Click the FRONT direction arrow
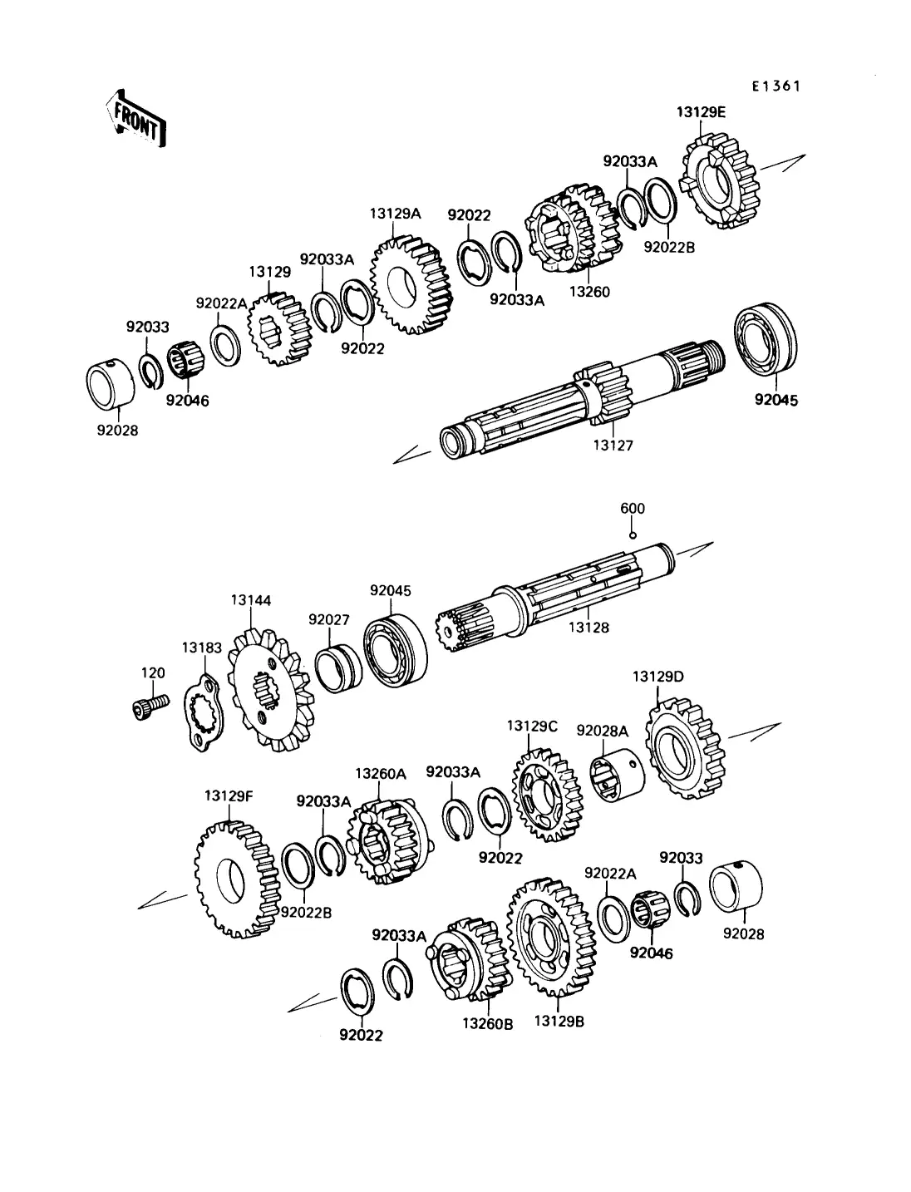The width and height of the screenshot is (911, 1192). [135, 118]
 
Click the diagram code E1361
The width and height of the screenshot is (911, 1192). [776, 86]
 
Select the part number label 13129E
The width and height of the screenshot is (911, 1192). [701, 112]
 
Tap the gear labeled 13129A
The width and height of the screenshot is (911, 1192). [411, 284]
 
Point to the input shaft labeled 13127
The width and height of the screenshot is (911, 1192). [581, 397]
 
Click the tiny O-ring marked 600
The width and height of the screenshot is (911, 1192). [633, 536]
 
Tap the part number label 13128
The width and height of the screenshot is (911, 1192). [588, 628]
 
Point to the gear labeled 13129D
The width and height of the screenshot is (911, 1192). [685, 749]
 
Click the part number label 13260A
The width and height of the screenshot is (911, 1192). [381, 773]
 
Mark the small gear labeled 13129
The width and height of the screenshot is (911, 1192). [279, 329]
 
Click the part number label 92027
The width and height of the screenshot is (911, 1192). [329, 619]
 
